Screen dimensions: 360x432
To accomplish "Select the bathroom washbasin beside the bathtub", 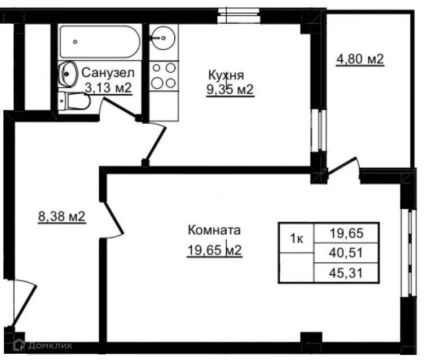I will click(68, 73).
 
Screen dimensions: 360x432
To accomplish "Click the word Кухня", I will click(226, 76).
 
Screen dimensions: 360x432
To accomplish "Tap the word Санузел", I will click(108, 73).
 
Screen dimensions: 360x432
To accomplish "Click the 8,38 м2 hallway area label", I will click(61, 216).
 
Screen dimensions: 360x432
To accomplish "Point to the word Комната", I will click(214, 230).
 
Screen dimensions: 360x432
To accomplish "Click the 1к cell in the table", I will click(296, 239).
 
